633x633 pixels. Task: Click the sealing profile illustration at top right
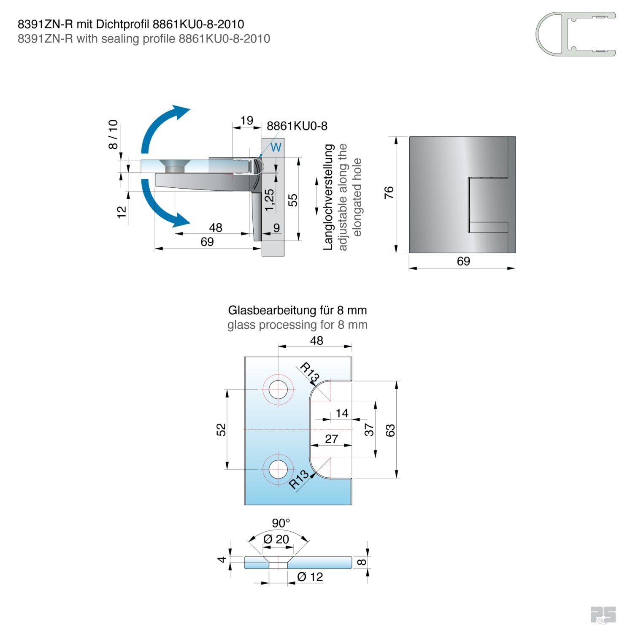pyautogui.click(x=576, y=34)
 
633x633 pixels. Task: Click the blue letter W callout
pyautogui.click(x=276, y=147)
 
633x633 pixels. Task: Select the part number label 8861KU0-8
pyautogui.click(x=297, y=126)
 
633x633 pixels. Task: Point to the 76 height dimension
pyautogui.click(x=389, y=192)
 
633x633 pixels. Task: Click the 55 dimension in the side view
pyautogui.click(x=292, y=200)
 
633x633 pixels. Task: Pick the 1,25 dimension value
pyautogui.click(x=269, y=200)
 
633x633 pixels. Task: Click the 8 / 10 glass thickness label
pyautogui.click(x=113, y=134)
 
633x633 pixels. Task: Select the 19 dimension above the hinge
pyautogui.click(x=246, y=121)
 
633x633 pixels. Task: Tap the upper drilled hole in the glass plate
pyautogui.click(x=278, y=389)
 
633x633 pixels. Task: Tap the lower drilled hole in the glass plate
pyautogui.click(x=278, y=469)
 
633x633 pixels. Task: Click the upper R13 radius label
pyautogui.click(x=310, y=372)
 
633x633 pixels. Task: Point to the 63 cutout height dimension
pyautogui.click(x=390, y=430)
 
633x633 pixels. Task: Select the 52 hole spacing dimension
pyautogui.click(x=221, y=429)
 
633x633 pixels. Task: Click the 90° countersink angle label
pyautogui.click(x=281, y=523)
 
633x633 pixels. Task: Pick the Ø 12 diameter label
pyautogui.click(x=310, y=577)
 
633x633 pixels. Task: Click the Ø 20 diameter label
pyautogui.click(x=276, y=539)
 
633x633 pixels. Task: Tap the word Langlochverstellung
pyautogui.click(x=328, y=197)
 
